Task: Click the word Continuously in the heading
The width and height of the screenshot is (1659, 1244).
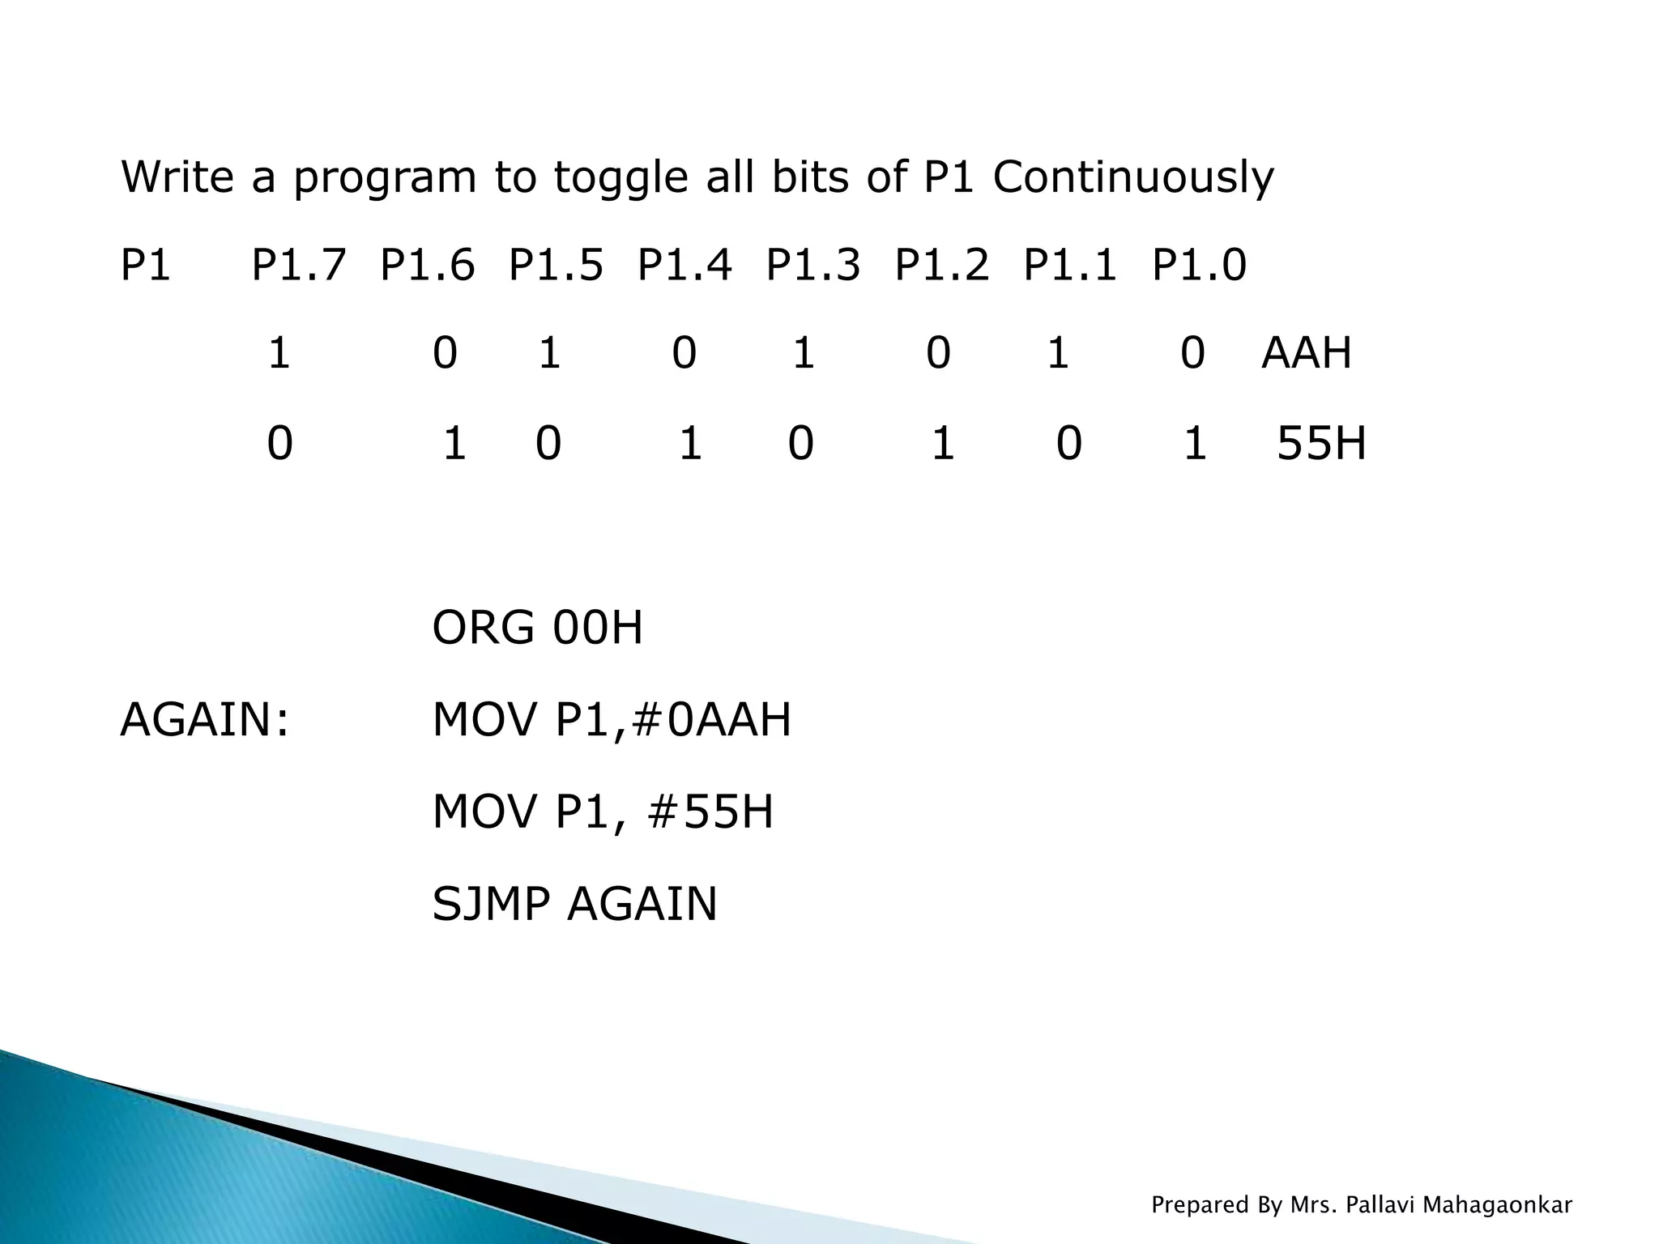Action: [1132, 178]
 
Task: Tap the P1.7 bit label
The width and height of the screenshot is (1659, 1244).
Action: [299, 266]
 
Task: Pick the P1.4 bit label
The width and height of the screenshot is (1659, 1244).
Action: [684, 266]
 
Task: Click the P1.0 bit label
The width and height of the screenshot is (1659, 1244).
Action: [1199, 266]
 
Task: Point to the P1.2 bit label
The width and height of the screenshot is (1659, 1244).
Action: [941, 266]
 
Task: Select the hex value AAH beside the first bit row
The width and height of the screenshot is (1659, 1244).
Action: [1307, 354]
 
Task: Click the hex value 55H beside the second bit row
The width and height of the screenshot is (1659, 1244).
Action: [1321, 444]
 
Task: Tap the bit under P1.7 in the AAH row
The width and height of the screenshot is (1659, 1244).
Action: [279, 354]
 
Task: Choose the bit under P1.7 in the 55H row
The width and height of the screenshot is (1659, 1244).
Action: [279, 444]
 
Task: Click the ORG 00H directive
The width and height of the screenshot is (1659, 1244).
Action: [537, 628]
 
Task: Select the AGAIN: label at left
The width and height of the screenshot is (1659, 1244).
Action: [204, 720]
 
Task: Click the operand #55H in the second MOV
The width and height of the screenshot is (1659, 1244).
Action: [710, 812]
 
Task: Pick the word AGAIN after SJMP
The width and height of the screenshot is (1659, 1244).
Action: [642, 904]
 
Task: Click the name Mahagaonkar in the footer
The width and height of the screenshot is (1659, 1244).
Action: [1497, 1205]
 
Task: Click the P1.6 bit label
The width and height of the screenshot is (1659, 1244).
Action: [427, 266]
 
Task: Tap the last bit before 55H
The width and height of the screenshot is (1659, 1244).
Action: [1195, 444]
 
